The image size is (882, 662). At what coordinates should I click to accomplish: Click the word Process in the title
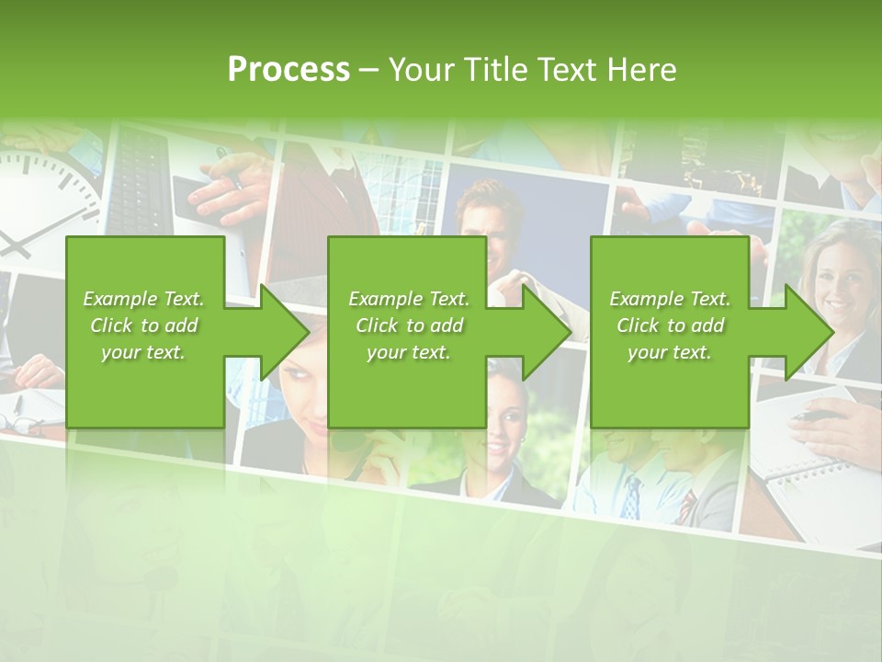point(288,69)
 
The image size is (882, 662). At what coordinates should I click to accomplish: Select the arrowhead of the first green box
point(280,332)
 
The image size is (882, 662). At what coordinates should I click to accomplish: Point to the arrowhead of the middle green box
point(542,332)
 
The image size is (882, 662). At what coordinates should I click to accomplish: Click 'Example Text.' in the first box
point(144,299)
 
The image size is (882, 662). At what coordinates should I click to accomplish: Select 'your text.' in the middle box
point(409,352)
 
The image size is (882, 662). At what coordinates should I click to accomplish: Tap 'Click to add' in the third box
point(670,325)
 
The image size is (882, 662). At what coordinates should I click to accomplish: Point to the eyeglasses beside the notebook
point(23,423)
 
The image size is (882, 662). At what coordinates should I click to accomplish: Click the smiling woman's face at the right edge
point(842,276)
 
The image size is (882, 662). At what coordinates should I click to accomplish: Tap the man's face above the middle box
point(487,221)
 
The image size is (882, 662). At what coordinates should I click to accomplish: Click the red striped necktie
point(687,507)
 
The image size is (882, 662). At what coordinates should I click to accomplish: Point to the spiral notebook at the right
point(799,460)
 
